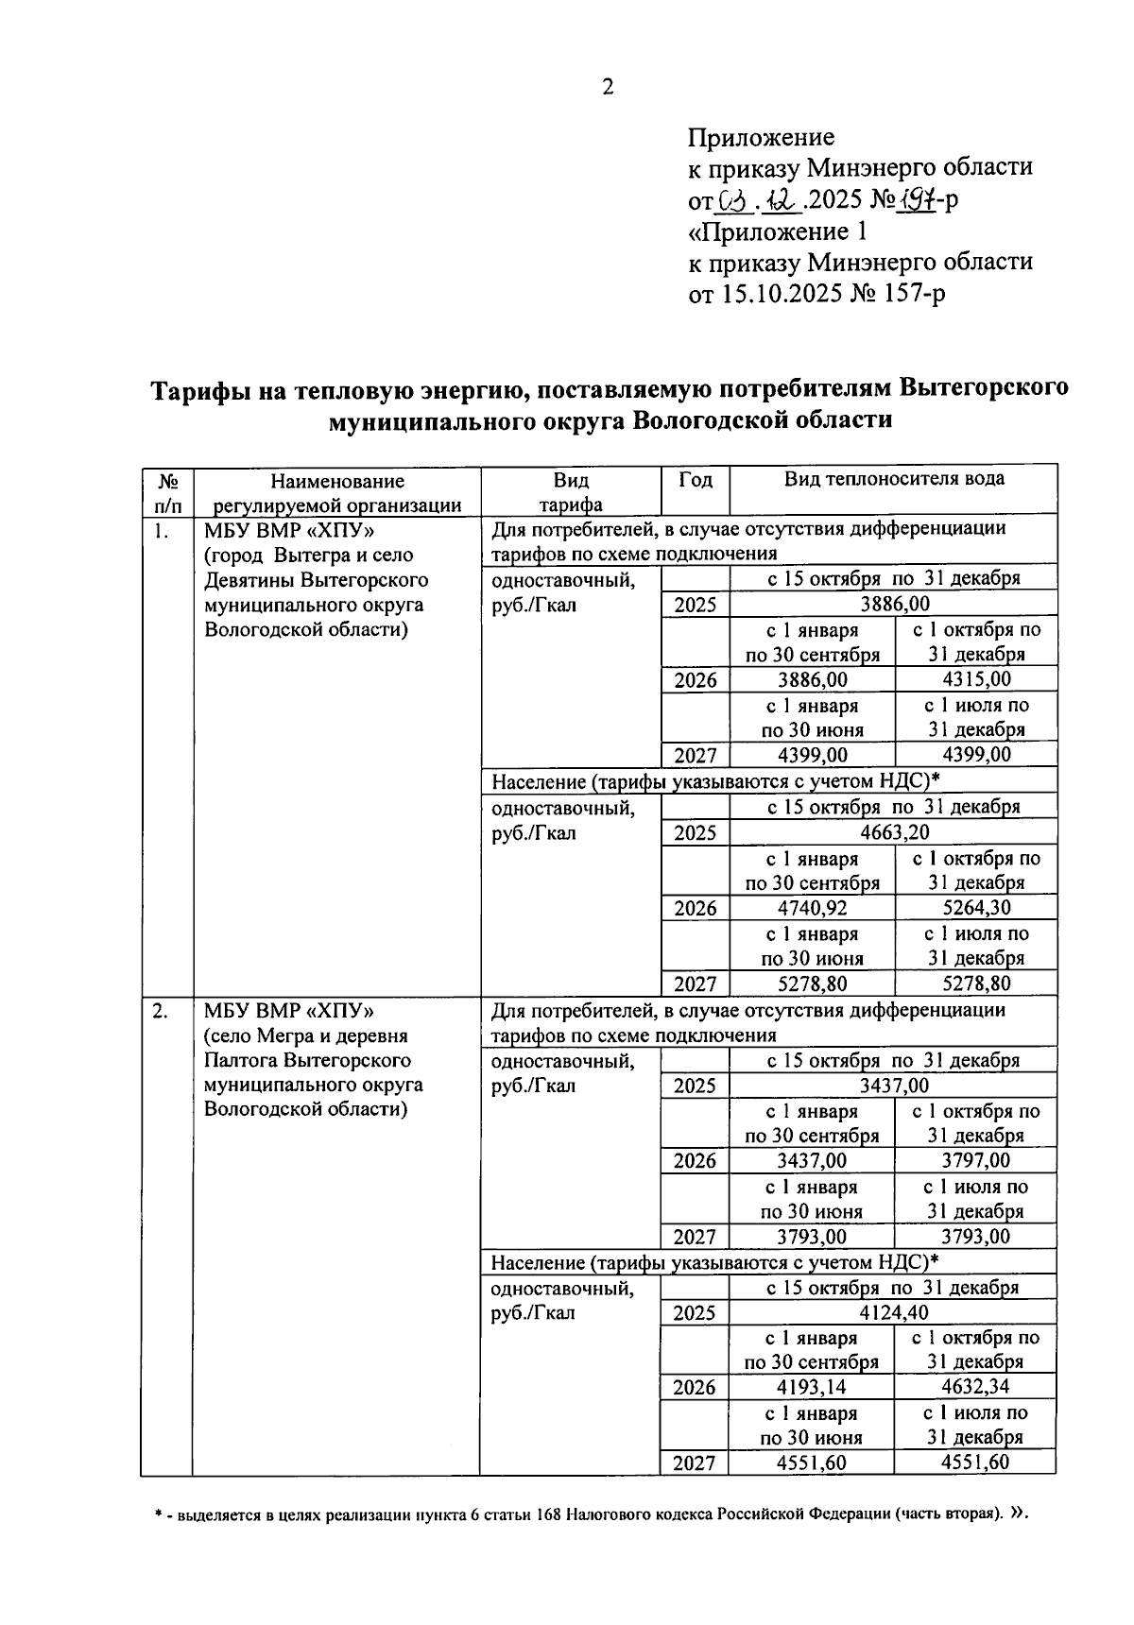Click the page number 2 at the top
coord(608,88)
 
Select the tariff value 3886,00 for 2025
coord(893,605)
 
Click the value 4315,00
coord(975,680)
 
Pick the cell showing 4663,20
coord(893,832)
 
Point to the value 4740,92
coord(812,909)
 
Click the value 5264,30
coord(975,909)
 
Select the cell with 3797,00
coord(975,1161)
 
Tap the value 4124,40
coord(893,1313)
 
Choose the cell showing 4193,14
coord(812,1388)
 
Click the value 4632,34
coord(975,1388)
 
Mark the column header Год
coord(696,480)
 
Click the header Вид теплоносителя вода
coord(893,479)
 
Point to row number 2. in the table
coord(161,1011)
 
